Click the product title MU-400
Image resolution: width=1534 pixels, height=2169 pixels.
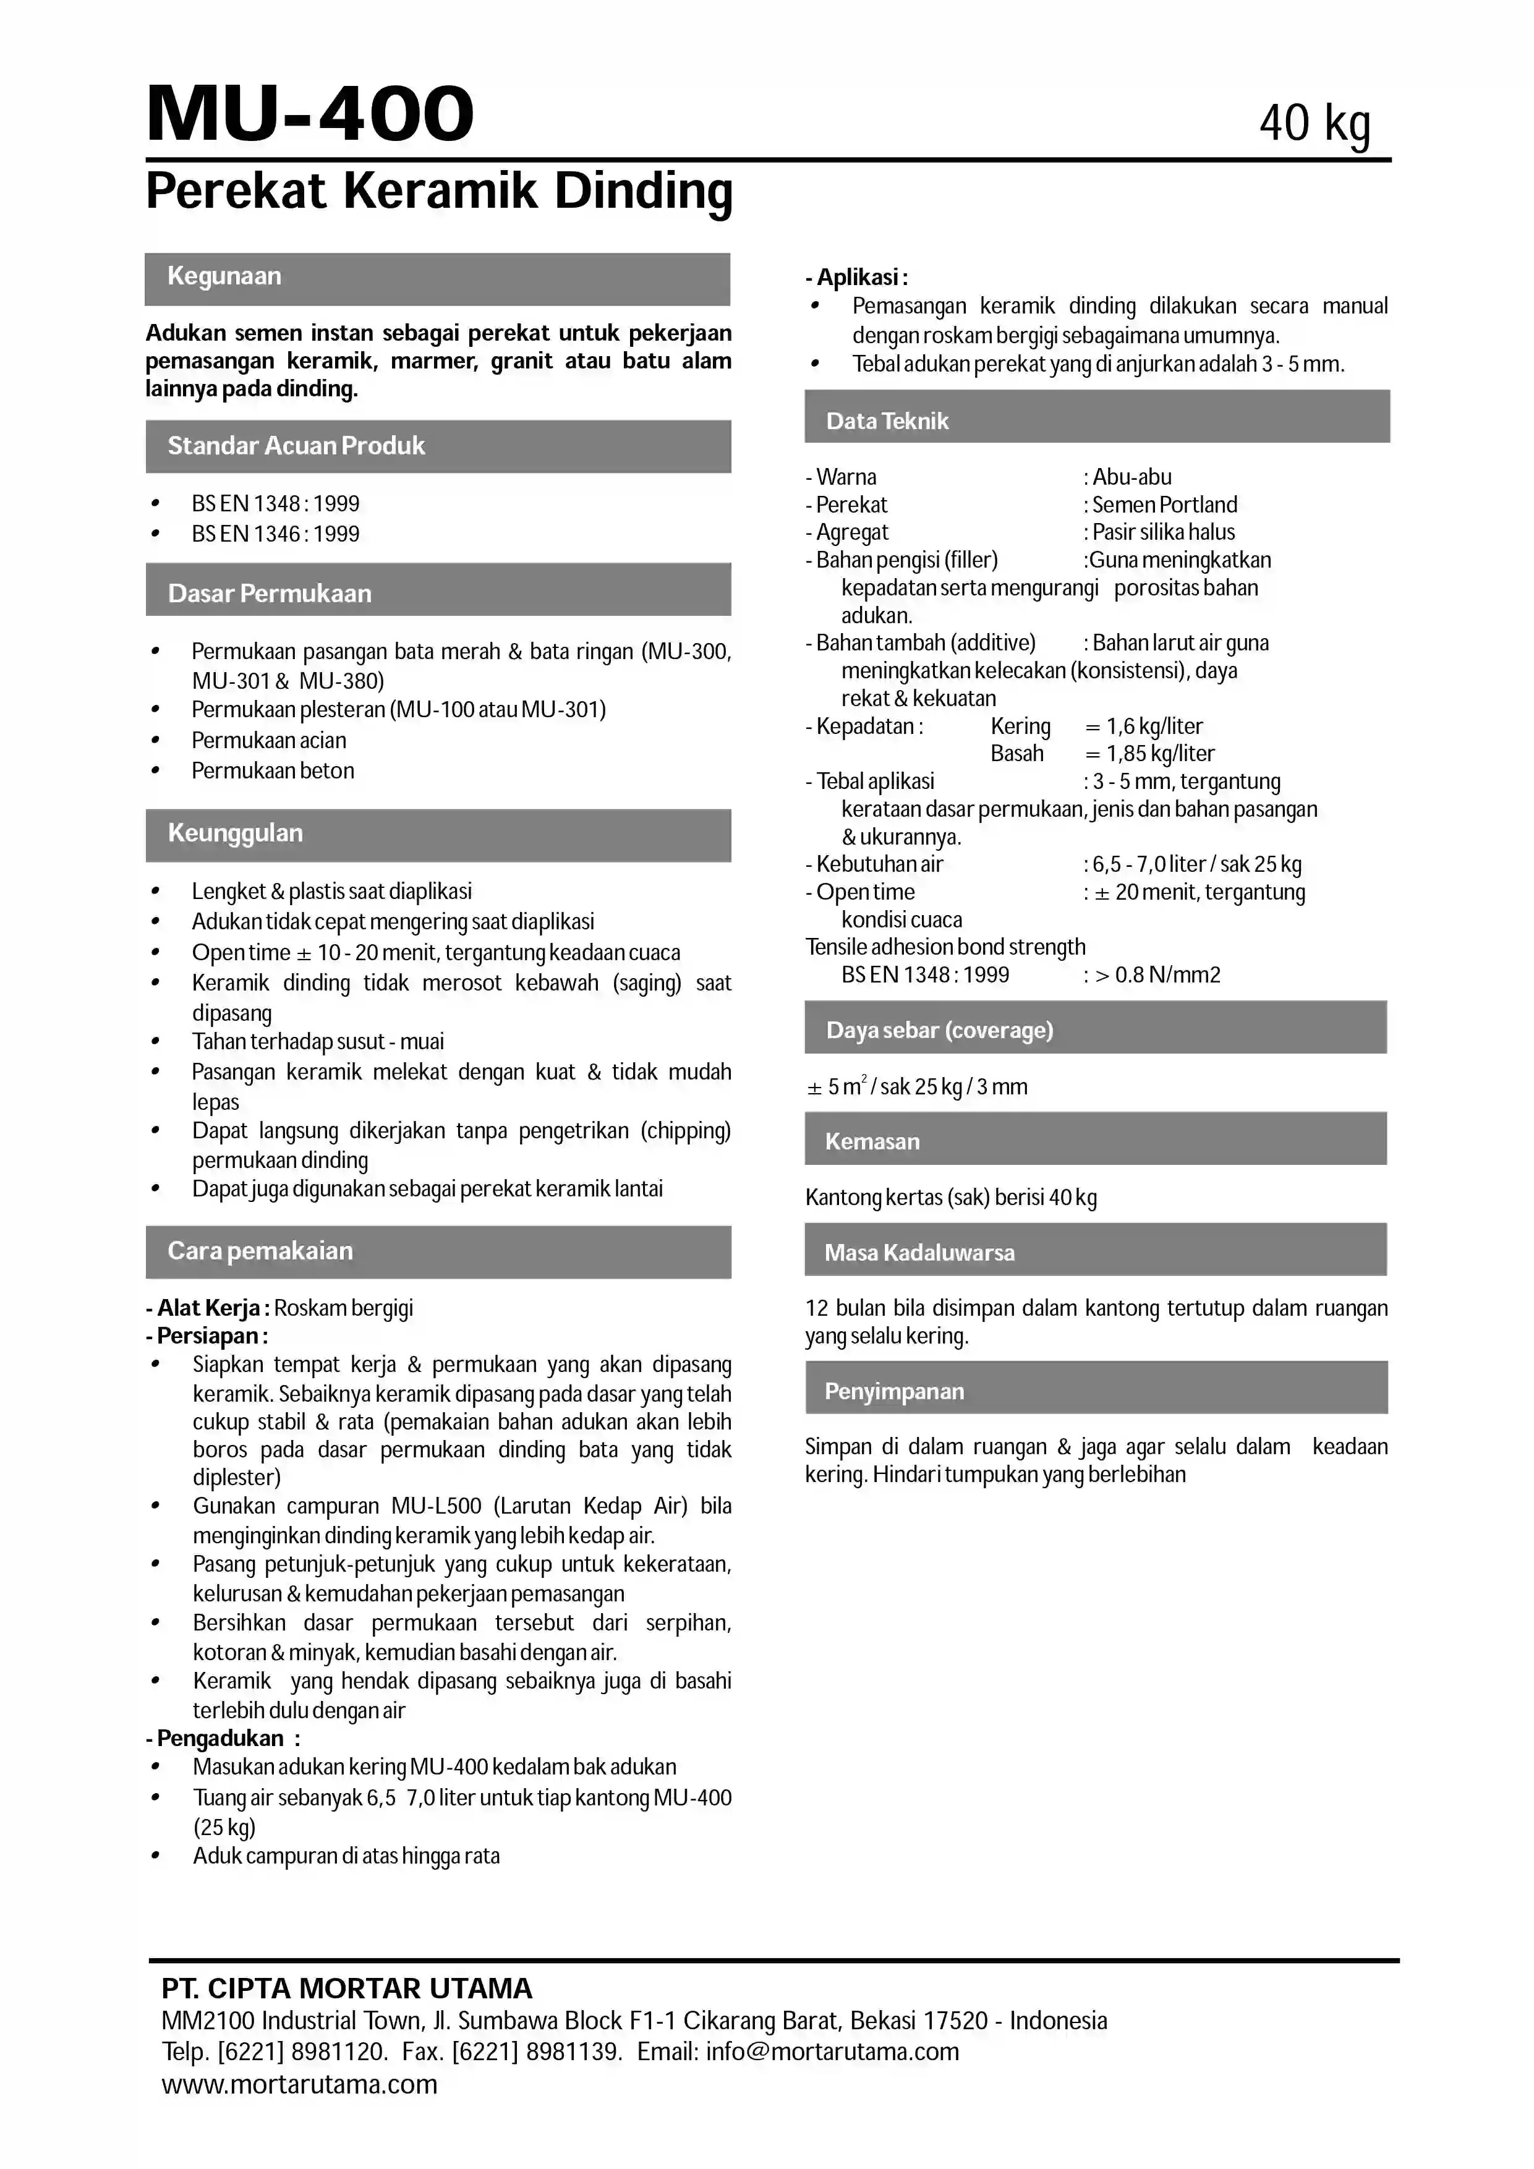coord(310,114)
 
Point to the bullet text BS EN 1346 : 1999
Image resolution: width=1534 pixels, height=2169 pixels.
coord(275,534)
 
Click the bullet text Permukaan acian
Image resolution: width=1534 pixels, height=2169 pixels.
coord(268,741)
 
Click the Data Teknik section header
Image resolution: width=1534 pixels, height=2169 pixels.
coord(887,421)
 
